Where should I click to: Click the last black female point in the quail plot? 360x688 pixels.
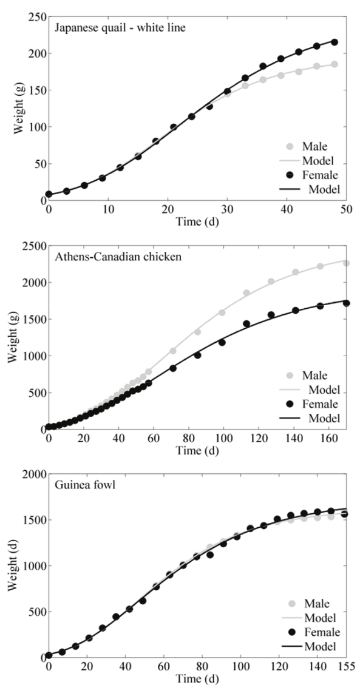(x=334, y=42)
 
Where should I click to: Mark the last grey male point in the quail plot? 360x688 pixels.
(x=334, y=64)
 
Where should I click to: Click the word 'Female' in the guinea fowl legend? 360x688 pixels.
(x=318, y=632)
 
